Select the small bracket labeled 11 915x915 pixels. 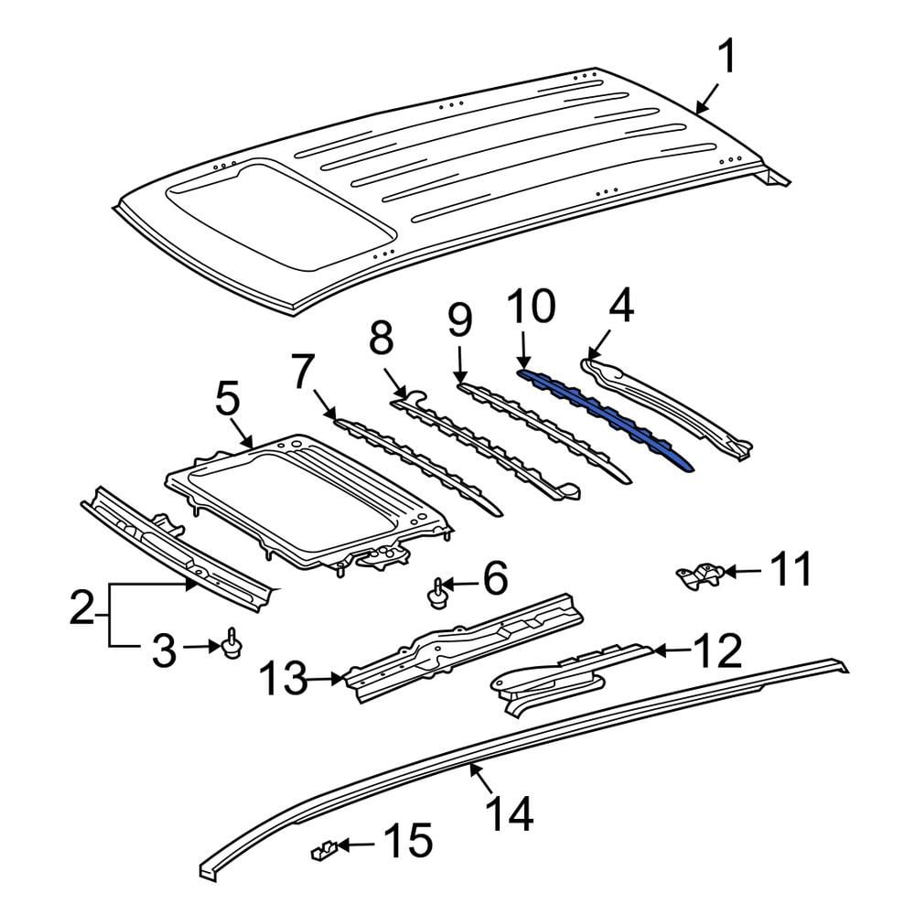[x=700, y=575]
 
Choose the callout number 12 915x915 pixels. [x=719, y=651]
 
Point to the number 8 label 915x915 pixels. [x=381, y=338]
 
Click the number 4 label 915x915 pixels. [x=621, y=307]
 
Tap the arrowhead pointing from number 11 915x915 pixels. [x=729, y=571]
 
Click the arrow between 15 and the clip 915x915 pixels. [x=357, y=844]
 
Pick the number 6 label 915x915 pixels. [x=495, y=578]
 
